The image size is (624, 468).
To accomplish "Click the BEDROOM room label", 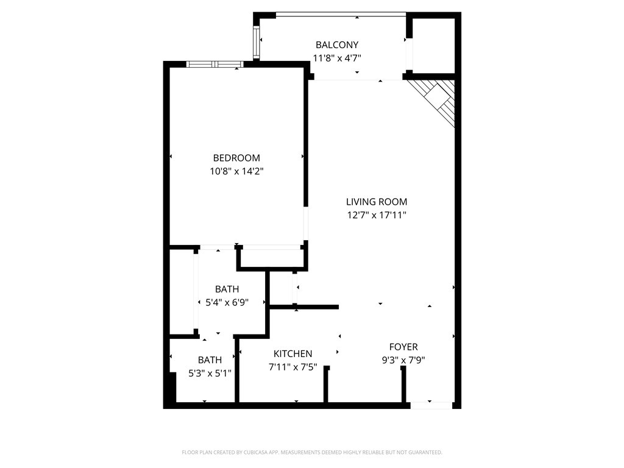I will point(236,158).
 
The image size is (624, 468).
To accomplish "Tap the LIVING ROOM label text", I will point(377,202).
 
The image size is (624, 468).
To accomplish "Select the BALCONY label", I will point(336,44).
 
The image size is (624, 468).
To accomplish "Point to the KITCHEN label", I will point(292,353).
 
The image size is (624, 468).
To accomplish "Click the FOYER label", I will point(403,347).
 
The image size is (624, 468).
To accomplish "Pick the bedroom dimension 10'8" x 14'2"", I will point(236,172).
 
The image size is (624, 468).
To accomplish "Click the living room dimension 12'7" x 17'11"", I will point(377,215).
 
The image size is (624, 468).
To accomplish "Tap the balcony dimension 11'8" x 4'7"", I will point(336,58).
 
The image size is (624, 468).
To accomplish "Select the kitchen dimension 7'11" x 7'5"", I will point(292,367).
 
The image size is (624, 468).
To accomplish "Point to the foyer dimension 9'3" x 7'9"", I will point(403,360).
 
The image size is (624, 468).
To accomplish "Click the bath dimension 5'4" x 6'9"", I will point(227,302).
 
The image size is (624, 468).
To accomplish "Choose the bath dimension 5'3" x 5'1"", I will point(210,373).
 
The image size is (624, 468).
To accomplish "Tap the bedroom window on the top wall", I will point(215,64).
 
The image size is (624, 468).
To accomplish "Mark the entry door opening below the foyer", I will point(431,405).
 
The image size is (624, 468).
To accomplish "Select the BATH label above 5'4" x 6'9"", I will point(227,289).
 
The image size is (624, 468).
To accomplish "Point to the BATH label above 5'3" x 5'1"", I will point(210,360).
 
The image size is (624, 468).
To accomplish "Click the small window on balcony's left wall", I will point(257,40).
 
